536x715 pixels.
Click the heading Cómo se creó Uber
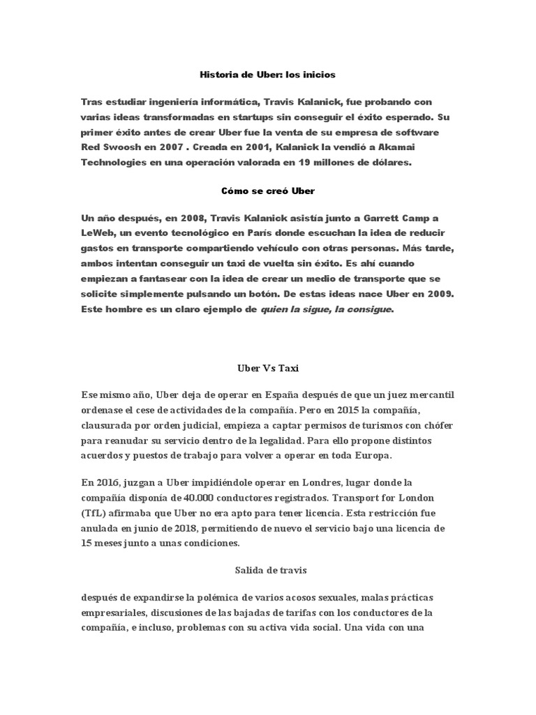point(267,189)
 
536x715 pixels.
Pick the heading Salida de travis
point(268,570)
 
